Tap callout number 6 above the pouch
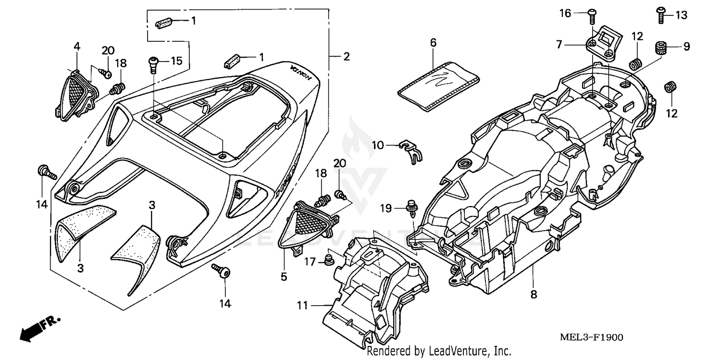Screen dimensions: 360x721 (x=433, y=43)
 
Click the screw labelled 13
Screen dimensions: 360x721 (x=662, y=15)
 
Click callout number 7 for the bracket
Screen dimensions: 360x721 (x=559, y=45)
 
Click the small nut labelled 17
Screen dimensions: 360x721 (x=329, y=261)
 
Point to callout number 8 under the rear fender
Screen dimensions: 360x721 (x=533, y=294)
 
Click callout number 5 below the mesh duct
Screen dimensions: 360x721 (x=284, y=276)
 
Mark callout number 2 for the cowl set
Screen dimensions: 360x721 (x=346, y=57)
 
